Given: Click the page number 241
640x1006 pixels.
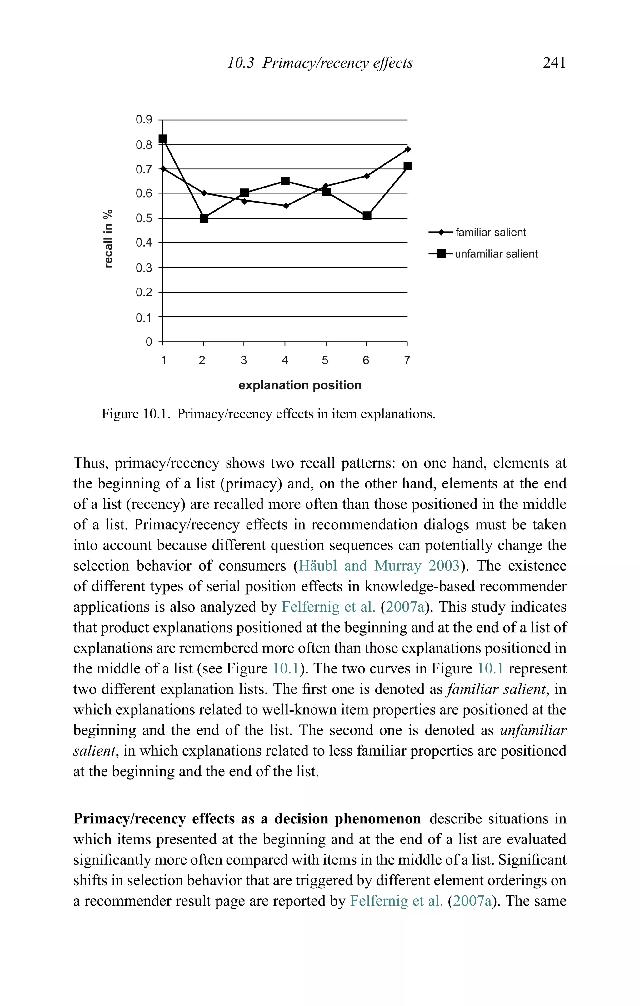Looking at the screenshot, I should click(x=554, y=63).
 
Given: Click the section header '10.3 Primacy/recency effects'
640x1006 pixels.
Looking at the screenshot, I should click(x=320, y=63).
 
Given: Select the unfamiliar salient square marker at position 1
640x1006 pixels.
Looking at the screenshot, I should click(x=163, y=139).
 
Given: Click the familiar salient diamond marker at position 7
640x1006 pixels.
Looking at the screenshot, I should click(x=408, y=149).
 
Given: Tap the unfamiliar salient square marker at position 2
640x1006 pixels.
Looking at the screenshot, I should click(x=204, y=218).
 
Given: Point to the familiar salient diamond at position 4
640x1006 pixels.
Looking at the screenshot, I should click(x=286, y=206).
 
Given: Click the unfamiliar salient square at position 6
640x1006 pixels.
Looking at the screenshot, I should click(x=367, y=216).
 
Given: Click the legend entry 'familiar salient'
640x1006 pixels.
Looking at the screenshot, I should click(x=490, y=232).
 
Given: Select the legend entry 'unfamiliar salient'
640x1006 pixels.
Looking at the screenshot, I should click(x=496, y=253).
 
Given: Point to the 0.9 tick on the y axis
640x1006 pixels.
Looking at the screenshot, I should click(x=144, y=120).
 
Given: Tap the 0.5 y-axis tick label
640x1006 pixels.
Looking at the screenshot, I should click(x=144, y=218).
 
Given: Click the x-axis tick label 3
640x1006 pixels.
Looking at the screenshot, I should click(x=243, y=360).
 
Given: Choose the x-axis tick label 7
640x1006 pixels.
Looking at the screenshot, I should click(x=407, y=360).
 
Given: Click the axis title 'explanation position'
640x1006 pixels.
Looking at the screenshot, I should click(x=300, y=385).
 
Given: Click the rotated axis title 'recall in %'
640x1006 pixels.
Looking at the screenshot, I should click(x=108, y=238).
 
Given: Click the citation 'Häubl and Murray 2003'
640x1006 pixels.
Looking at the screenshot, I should click(x=379, y=566).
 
